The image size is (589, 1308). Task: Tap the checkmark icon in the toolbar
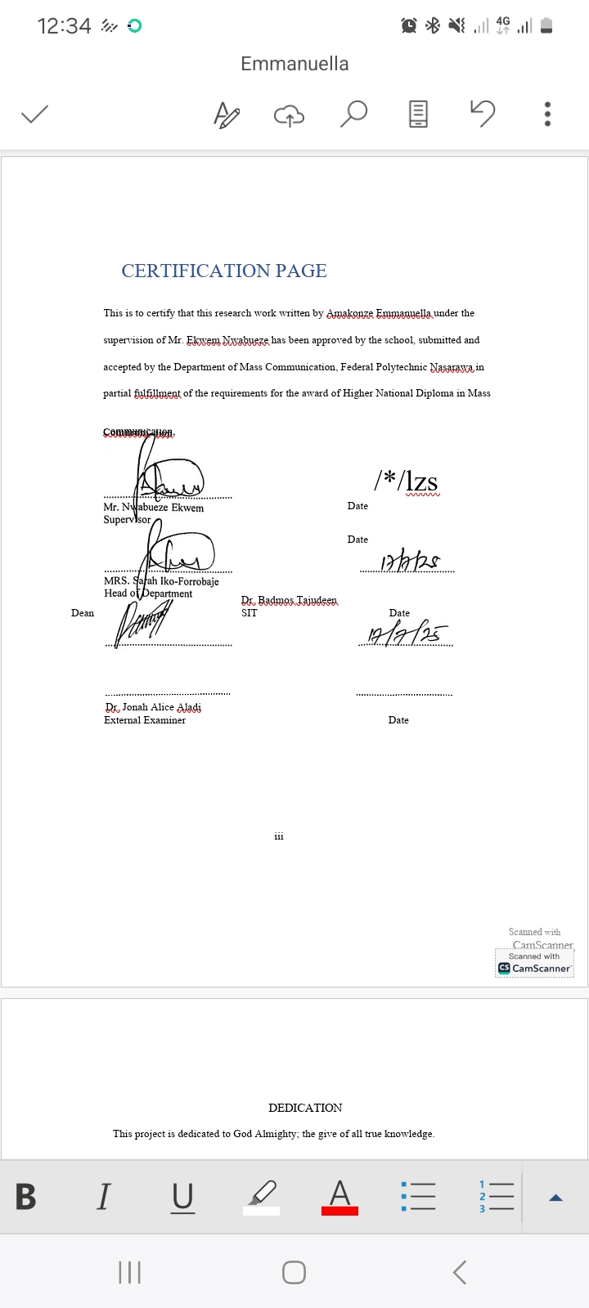(34, 114)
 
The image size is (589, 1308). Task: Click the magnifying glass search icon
(353, 114)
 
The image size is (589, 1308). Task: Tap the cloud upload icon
(288, 115)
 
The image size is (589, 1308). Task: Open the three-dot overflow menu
(547, 114)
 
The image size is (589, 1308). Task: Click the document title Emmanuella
(294, 64)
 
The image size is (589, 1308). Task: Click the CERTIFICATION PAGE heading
(224, 271)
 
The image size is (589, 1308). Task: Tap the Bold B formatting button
(26, 1197)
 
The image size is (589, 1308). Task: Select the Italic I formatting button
(103, 1197)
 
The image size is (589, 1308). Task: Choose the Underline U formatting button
(183, 1197)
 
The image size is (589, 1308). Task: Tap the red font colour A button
(339, 1197)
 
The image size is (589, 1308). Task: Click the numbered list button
(496, 1197)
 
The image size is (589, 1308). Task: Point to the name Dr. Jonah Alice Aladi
(153, 707)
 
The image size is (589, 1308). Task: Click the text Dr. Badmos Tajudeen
(289, 600)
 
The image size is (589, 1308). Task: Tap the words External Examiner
(145, 720)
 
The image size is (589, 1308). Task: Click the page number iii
(279, 836)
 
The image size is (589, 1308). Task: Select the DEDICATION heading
(305, 1108)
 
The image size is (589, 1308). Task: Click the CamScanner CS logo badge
(504, 968)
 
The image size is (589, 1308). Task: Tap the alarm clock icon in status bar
(409, 26)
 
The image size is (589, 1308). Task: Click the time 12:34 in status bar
(64, 26)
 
